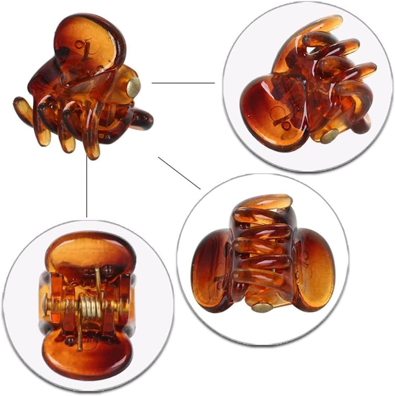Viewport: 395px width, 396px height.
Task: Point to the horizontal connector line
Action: coord(183,83)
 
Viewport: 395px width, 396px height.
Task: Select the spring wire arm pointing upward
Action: coord(97,276)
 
